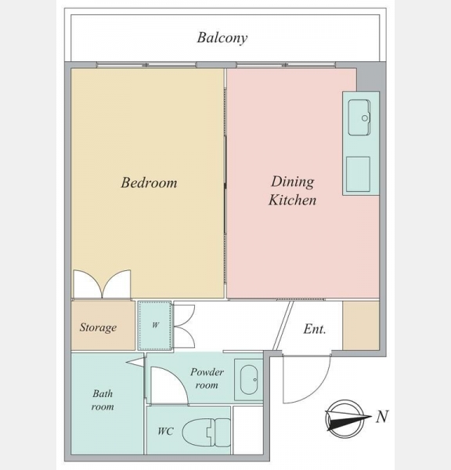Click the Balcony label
click(222, 38)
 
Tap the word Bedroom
click(149, 183)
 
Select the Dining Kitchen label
click(292, 191)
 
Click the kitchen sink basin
click(359, 117)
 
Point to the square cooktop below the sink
click(358, 174)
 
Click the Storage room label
click(98, 327)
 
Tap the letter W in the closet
click(155, 325)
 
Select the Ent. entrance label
click(314, 329)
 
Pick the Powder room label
click(207, 378)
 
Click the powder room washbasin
click(249, 379)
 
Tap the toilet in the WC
click(206, 432)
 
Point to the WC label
click(165, 432)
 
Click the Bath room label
click(103, 399)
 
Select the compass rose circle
click(345, 419)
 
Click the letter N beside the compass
click(382, 417)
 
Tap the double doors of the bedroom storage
click(103, 284)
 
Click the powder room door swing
click(169, 385)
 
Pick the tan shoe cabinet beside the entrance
click(361, 325)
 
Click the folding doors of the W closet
click(184, 326)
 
